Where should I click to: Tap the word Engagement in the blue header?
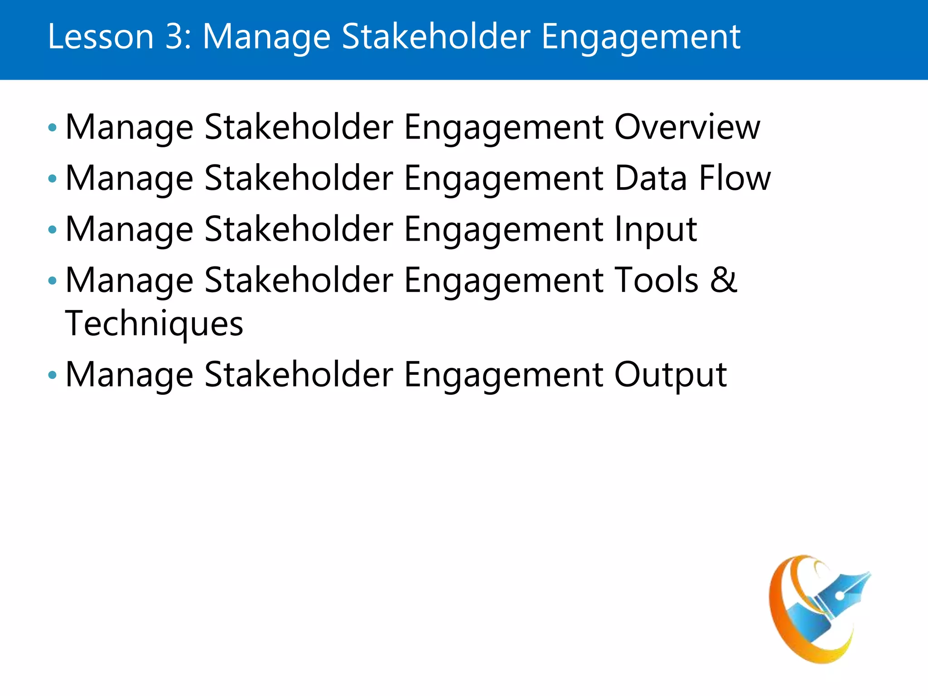641,37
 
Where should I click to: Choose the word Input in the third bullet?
655,230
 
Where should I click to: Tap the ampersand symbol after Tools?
724,280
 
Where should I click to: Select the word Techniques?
154,324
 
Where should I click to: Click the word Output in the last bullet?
670,375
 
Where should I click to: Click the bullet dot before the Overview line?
53,128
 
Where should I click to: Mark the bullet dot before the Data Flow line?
53,179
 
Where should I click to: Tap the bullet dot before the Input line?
53,230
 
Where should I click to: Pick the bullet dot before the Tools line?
53,281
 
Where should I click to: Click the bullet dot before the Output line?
53,376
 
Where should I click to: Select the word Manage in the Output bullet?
130,376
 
